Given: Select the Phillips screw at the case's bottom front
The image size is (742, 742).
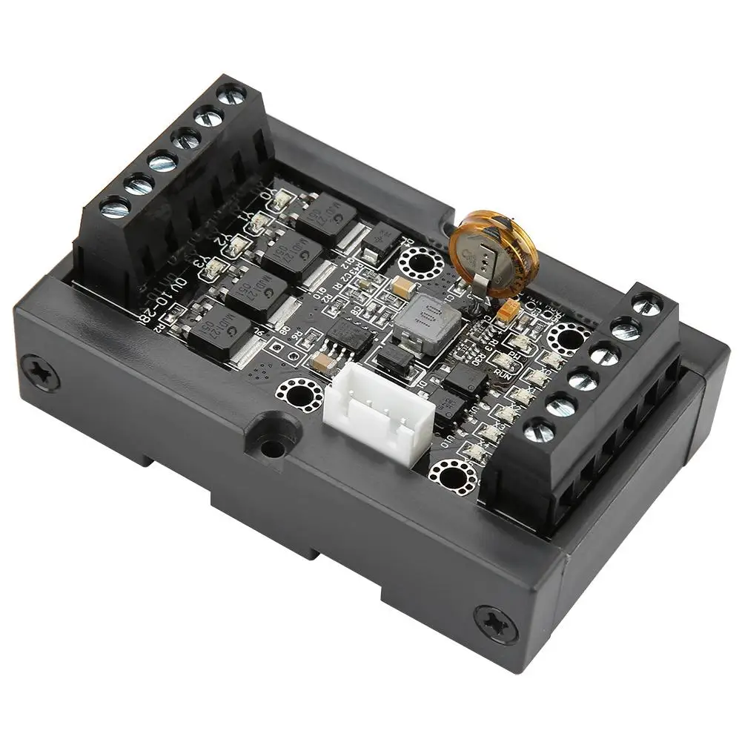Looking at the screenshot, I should (496, 623).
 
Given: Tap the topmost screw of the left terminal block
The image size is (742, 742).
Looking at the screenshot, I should (232, 94).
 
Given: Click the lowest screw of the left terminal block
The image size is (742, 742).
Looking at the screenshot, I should (115, 208).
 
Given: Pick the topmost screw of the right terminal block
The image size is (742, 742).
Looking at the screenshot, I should (647, 305).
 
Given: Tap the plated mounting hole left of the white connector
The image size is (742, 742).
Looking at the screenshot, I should (299, 394).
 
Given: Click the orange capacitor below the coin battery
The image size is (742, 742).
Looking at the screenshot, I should (509, 311).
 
